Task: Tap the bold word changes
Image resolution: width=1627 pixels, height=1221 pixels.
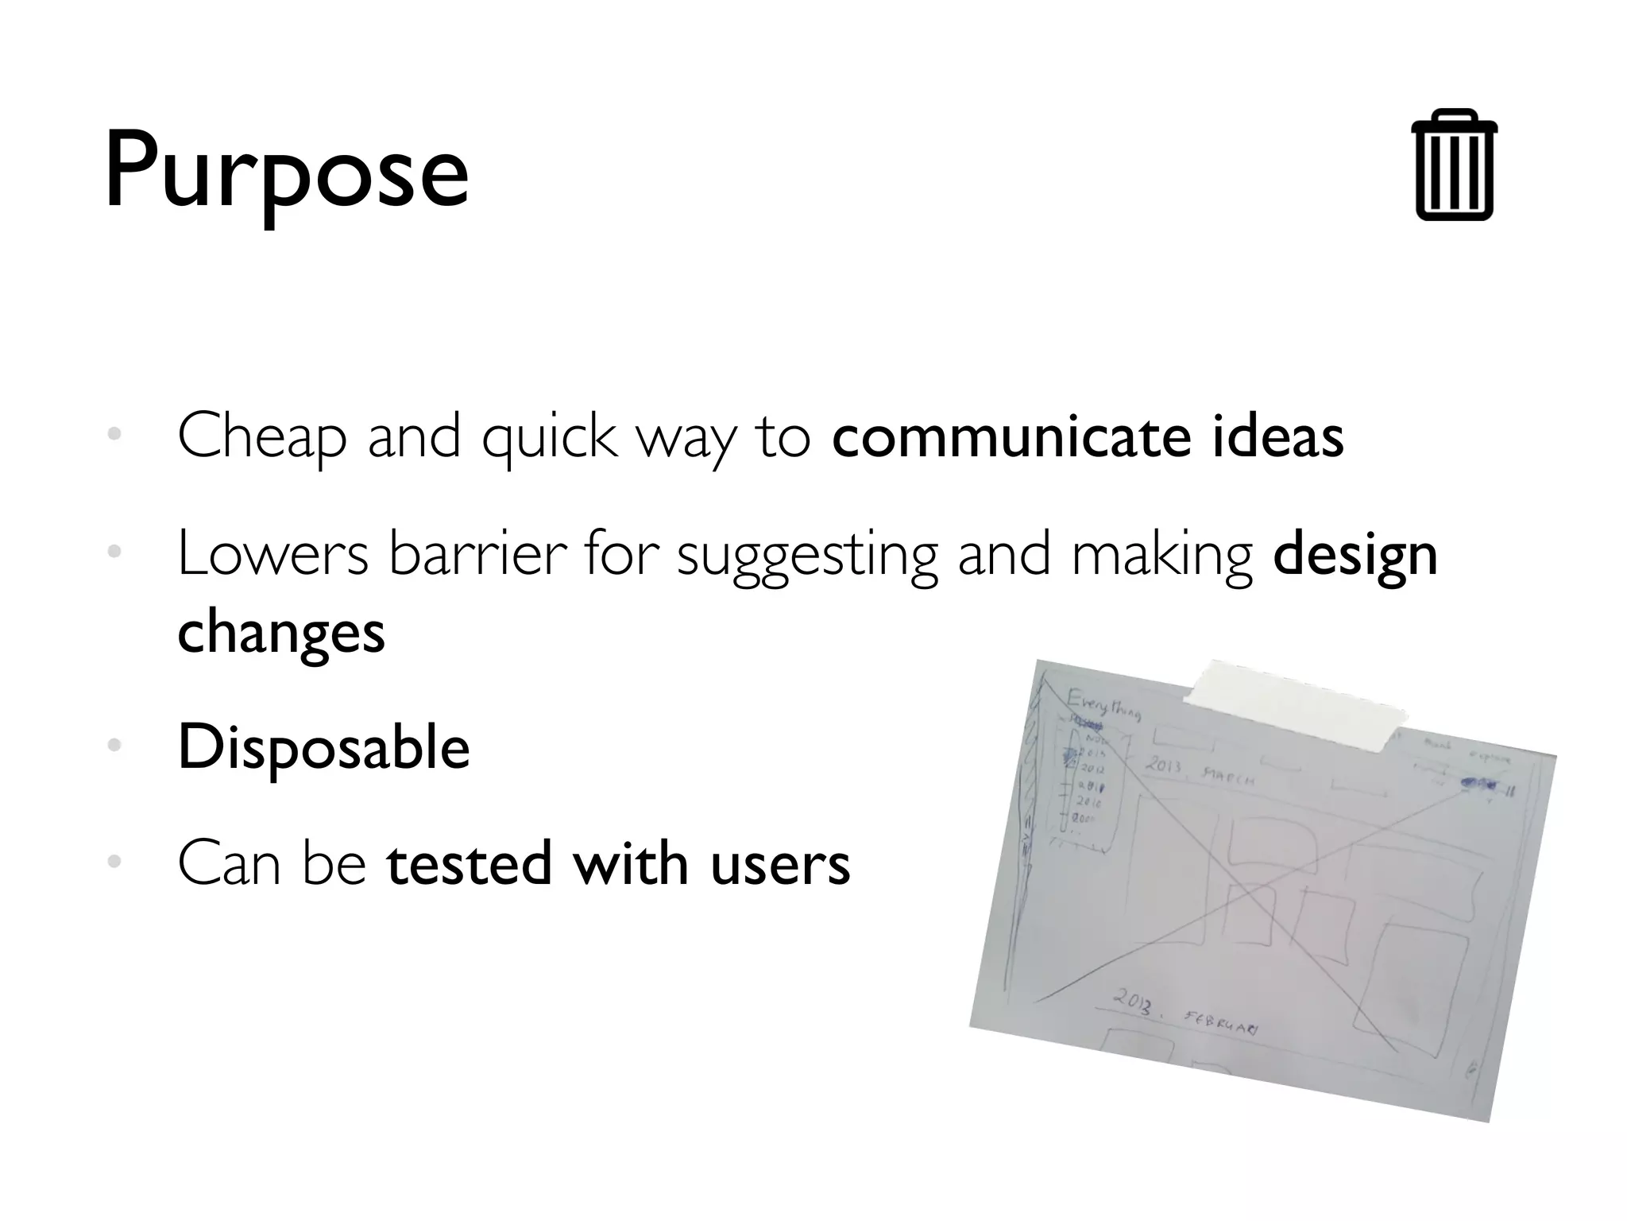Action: click(x=281, y=633)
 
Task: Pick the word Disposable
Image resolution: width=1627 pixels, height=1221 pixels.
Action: click(x=323, y=747)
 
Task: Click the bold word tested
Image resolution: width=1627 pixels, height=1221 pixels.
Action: click(x=469, y=863)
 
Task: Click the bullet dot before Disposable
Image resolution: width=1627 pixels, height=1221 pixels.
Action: click(x=114, y=746)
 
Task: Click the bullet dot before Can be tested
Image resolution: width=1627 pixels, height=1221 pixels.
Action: click(x=114, y=862)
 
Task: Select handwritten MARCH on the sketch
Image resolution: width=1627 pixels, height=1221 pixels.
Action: click(x=1228, y=774)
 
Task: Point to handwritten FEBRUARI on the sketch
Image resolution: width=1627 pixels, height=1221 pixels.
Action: click(x=1221, y=1022)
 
